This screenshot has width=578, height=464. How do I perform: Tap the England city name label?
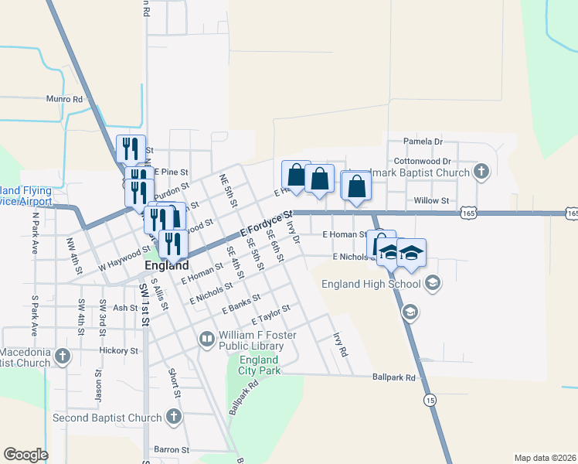(x=168, y=265)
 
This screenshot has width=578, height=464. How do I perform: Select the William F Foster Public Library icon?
(x=207, y=339)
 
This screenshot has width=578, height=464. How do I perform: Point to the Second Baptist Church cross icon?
(x=174, y=418)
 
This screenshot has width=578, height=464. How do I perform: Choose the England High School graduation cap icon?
(x=433, y=284)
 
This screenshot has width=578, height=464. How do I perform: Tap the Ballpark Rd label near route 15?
(x=393, y=378)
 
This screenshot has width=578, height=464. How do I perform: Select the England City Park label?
(x=258, y=365)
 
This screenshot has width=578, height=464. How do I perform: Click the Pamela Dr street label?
(x=423, y=142)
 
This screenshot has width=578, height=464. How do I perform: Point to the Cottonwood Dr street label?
(x=421, y=160)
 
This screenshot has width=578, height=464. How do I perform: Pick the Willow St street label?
(x=431, y=201)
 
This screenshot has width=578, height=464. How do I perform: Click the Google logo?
(x=25, y=455)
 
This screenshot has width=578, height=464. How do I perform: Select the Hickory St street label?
(x=118, y=350)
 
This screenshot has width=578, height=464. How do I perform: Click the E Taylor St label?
(x=270, y=315)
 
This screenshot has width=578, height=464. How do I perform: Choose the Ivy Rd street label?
(x=340, y=344)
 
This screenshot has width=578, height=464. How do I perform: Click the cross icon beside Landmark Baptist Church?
(x=481, y=171)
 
